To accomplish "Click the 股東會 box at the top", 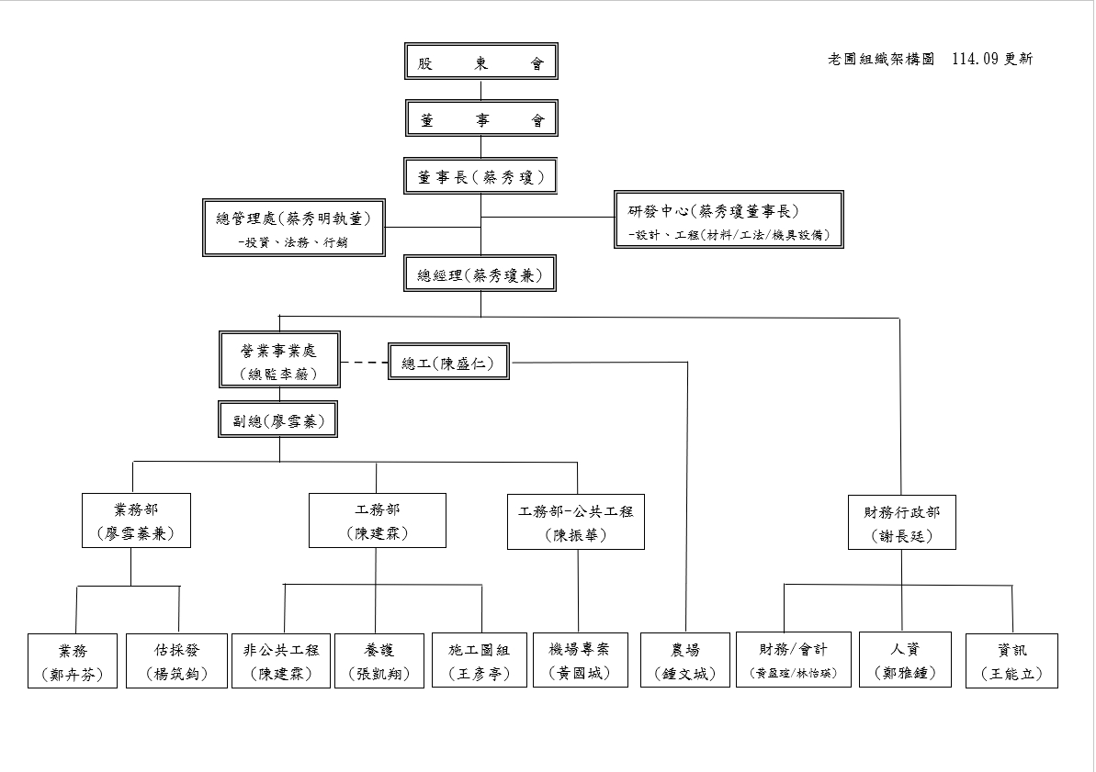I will [480, 62].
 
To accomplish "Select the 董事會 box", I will [480, 119].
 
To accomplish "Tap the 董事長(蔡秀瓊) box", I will [480, 176].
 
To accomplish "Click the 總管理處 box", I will [294, 228].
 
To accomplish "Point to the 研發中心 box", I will [729, 219].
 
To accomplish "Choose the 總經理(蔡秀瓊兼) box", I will [480, 274].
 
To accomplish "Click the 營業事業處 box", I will [279, 360].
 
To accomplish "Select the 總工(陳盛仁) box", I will [448, 364].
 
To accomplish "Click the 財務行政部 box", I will [901, 522].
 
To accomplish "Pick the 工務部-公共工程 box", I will [576, 522].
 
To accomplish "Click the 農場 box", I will [685, 661].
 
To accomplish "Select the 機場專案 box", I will [578, 661].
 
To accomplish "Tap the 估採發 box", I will [176, 661].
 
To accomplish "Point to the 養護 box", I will [379, 661].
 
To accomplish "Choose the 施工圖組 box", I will [479, 661].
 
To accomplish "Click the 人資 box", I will [904, 661].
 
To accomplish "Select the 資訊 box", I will [1011, 661].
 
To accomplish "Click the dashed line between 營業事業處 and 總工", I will [364, 364].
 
